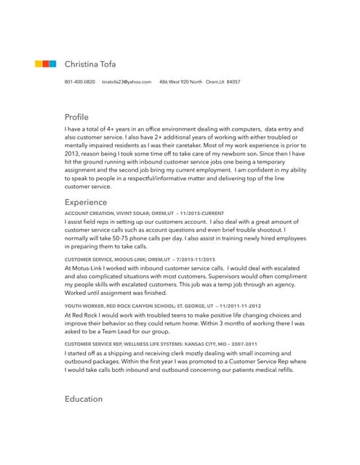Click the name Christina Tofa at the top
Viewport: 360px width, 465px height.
(90, 64)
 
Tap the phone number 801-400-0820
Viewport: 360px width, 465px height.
(79, 82)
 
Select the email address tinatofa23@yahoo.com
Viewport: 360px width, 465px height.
(126, 82)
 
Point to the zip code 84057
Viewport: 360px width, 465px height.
(233, 82)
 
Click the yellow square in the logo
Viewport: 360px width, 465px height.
(39, 64)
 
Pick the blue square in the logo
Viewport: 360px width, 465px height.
(52, 64)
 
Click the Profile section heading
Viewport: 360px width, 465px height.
(76, 116)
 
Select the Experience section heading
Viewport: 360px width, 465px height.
(86, 201)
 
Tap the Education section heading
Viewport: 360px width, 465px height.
(84, 399)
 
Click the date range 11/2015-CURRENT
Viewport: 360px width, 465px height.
(200, 213)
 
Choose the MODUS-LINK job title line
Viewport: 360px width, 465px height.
(140, 259)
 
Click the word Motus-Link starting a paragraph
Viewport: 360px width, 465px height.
(88, 268)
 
